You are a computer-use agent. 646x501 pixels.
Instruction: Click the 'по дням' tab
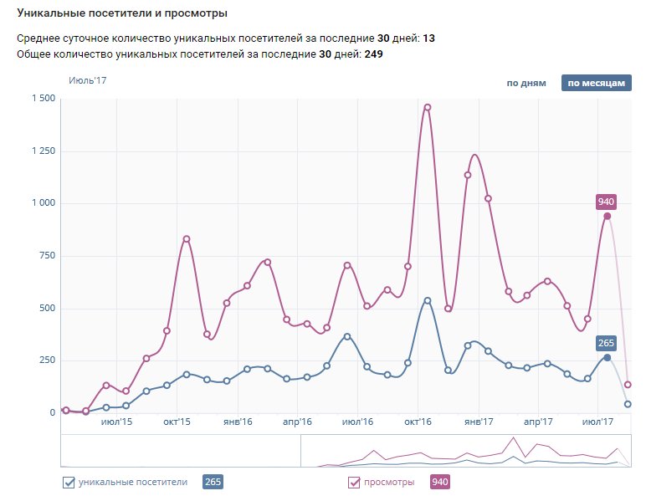click(x=526, y=83)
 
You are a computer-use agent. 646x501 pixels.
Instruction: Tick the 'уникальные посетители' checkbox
click(x=69, y=482)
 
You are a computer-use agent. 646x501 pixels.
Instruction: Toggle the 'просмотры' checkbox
click(x=353, y=482)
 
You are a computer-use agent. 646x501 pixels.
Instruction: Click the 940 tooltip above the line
click(x=606, y=202)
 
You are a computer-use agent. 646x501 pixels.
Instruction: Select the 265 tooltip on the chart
click(x=606, y=343)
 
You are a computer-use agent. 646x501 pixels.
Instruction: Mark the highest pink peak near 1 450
click(x=427, y=107)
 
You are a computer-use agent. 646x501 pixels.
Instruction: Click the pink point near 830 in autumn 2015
click(x=187, y=239)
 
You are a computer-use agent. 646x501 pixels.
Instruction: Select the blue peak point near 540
click(x=427, y=300)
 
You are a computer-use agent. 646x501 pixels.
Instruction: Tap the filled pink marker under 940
click(x=608, y=216)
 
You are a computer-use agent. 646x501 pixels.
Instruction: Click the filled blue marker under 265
click(x=608, y=357)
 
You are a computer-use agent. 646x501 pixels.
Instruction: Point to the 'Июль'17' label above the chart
click(x=88, y=81)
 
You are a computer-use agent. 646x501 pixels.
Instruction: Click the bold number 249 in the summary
click(x=375, y=54)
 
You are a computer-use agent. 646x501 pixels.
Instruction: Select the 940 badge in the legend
click(x=439, y=482)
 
